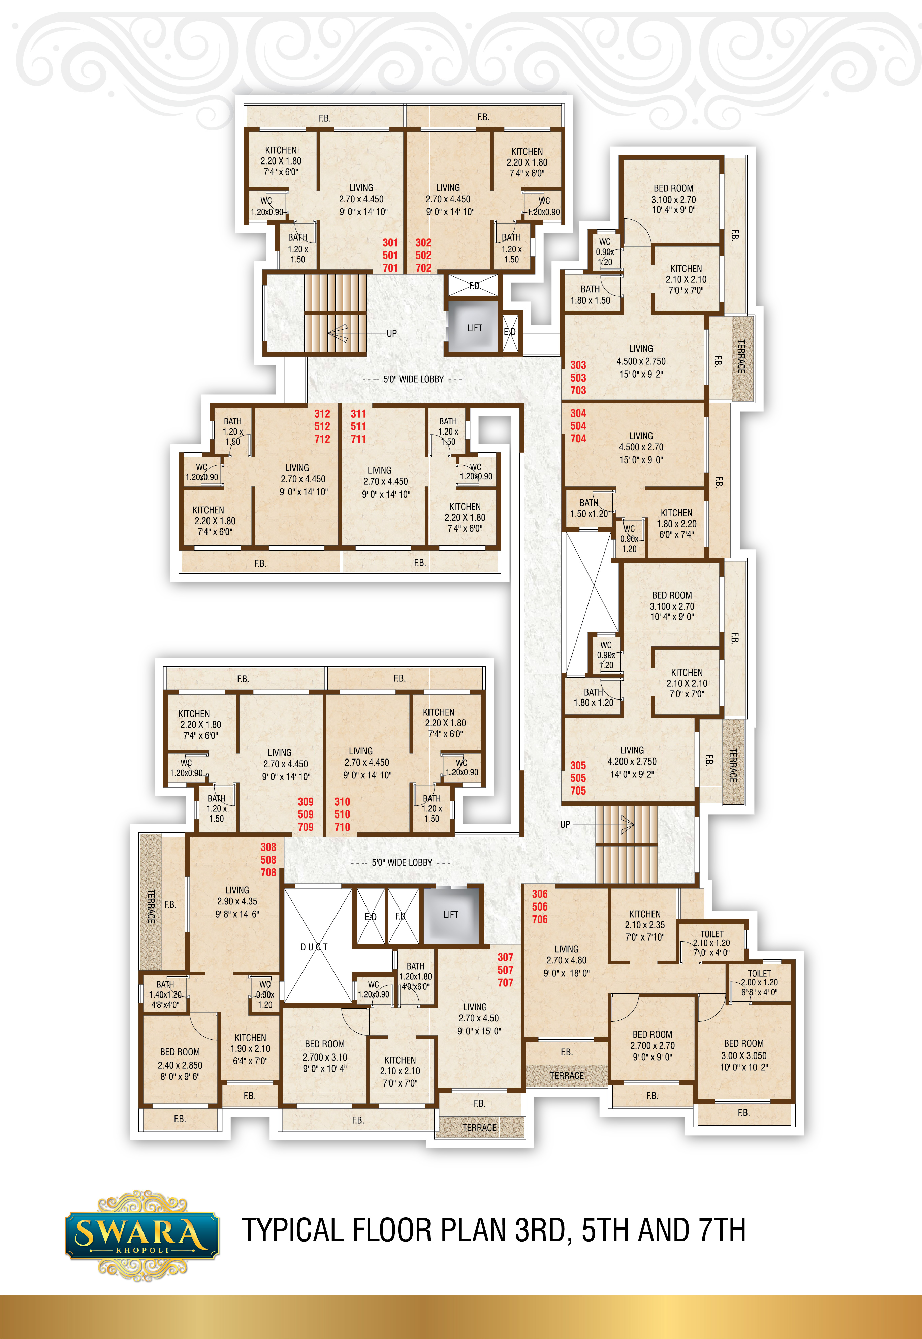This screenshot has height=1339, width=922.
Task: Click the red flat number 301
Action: point(390,243)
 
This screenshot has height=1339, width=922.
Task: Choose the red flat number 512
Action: point(322,426)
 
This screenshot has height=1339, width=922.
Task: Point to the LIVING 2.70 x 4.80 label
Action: point(566,961)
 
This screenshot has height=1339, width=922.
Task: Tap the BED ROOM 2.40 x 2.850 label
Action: point(180,1064)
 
